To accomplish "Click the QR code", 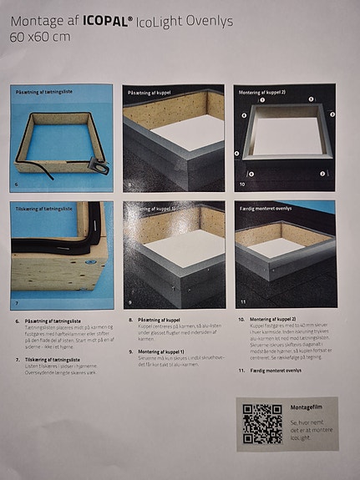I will (x=261, y=422).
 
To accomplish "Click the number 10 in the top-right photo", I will (x=242, y=182).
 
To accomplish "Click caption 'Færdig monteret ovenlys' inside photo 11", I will (x=265, y=207).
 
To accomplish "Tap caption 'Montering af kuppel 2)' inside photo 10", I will (x=262, y=92).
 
